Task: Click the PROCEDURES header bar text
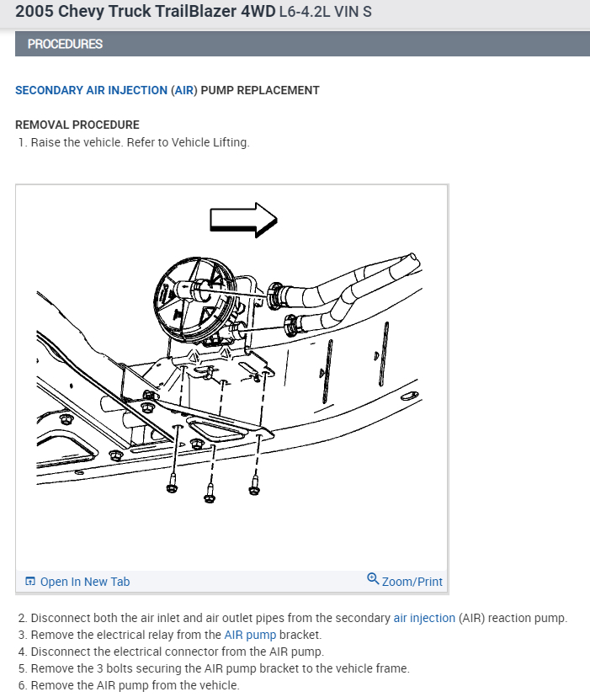point(65,44)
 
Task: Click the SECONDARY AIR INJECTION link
point(91,90)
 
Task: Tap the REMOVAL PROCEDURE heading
point(77,125)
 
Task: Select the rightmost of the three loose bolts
point(253,487)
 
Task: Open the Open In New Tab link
point(85,582)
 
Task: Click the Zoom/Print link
point(412,582)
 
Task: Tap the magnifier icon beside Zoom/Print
point(373,579)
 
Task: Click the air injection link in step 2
point(424,618)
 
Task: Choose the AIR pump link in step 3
point(250,635)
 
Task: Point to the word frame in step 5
point(391,668)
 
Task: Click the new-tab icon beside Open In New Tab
point(30,582)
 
